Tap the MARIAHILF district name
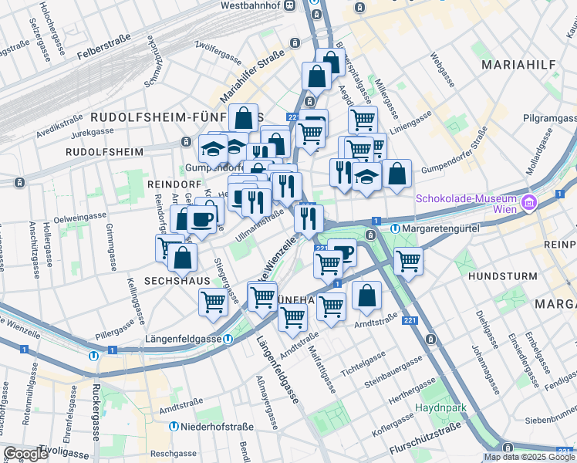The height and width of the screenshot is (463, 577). (518, 66)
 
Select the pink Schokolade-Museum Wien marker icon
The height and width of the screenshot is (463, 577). (529, 204)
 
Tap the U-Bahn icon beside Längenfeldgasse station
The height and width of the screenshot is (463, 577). (229, 339)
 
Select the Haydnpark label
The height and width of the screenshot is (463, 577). (438, 407)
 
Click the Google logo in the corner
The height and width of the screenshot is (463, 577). (26, 454)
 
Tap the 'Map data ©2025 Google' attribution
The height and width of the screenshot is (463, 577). (529, 457)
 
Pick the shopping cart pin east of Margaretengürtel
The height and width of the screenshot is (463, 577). (408, 260)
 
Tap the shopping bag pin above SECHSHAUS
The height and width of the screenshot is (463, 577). (182, 258)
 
